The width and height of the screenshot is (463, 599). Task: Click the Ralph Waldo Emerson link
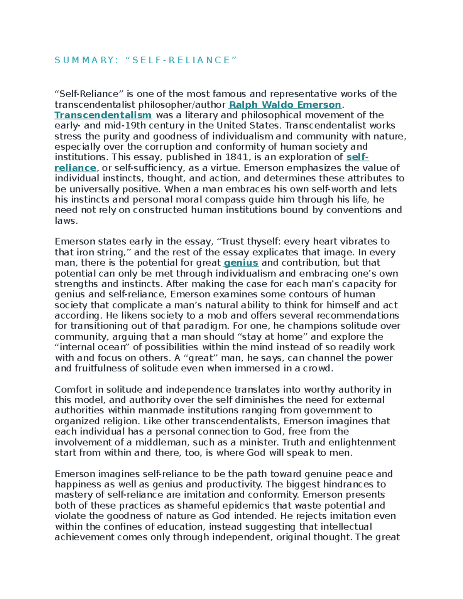point(285,105)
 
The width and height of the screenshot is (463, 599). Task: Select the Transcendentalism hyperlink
point(103,115)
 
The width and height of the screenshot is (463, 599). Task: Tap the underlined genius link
point(241,263)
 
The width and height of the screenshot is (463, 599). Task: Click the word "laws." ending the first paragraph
point(66,221)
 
